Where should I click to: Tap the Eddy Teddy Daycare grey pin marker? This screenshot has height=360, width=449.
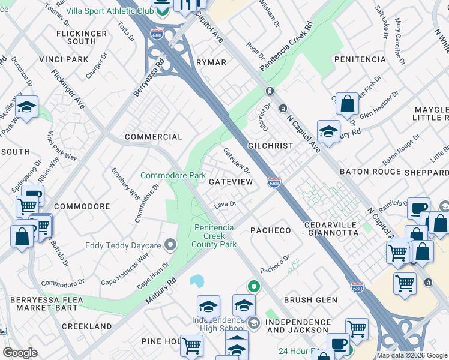(x=171, y=245)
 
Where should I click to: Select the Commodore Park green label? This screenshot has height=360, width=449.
(x=173, y=175)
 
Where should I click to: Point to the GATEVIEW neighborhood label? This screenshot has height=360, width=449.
(x=230, y=181)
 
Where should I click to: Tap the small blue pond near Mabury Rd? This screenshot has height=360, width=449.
(x=197, y=281)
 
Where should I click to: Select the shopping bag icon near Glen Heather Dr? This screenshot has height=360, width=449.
(x=347, y=104)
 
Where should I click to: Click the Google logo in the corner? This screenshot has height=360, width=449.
(x=20, y=353)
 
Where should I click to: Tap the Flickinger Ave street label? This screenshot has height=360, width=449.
(x=68, y=89)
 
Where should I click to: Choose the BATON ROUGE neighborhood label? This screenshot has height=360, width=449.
(x=369, y=172)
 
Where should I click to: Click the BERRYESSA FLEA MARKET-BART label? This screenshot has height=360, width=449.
(x=38, y=303)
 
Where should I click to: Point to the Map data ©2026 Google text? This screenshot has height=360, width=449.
(x=412, y=355)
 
